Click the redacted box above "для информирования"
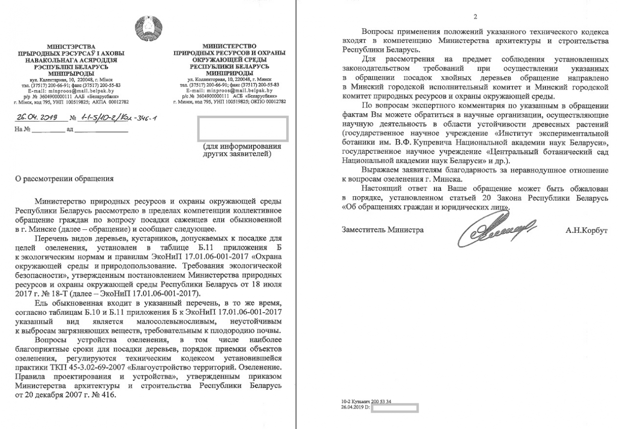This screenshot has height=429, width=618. tap(243, 128)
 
